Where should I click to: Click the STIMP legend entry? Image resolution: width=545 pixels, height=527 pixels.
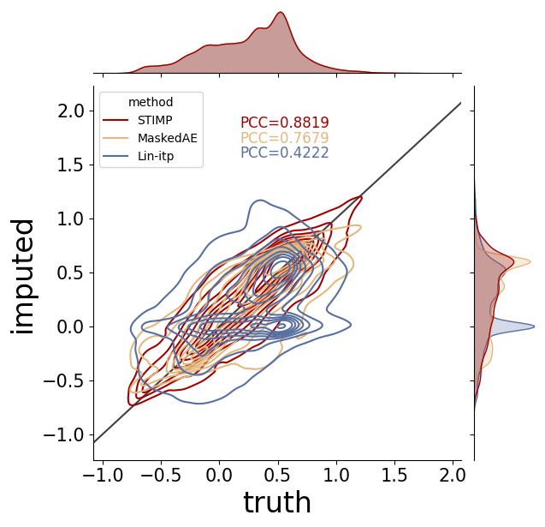[x=138, y=120]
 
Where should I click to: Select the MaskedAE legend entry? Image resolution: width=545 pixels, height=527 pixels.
[x=150, y=138]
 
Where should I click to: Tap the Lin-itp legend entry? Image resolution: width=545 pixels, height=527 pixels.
[x=138, y=156]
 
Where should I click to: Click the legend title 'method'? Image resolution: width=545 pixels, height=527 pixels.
[x=151, y=102]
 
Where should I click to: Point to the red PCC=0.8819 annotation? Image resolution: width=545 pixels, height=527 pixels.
[x=285, y=123]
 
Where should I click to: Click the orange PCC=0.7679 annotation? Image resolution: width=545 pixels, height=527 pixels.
[x=285, y=137]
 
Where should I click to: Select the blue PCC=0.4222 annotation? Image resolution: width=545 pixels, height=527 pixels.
[x=285, y=153]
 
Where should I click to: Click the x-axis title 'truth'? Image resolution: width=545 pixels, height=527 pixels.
[x=277, y=502]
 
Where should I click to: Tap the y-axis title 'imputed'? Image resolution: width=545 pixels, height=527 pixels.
[x=22, y=277]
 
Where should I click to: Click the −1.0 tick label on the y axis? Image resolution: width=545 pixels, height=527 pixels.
[x=64, y=434]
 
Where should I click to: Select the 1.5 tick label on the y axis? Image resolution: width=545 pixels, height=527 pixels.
[x=71, y=165]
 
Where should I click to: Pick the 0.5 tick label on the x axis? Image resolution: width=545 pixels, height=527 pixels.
[x=278, y=475]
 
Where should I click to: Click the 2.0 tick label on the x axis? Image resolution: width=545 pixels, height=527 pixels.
[x=453, y=475]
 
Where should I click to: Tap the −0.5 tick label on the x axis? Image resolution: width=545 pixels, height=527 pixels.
[x=161, y=475]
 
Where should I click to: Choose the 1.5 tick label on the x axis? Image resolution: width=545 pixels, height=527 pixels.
[x=394, y=475]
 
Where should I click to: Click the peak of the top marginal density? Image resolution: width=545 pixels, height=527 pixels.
[x=281, y=13]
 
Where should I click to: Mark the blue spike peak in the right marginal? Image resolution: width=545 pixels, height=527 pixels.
[x=534, y=326]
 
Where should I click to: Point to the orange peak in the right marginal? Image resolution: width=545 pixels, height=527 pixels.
[x=530, y=261]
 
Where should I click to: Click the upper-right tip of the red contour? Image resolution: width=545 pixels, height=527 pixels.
[x=361, y=197]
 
